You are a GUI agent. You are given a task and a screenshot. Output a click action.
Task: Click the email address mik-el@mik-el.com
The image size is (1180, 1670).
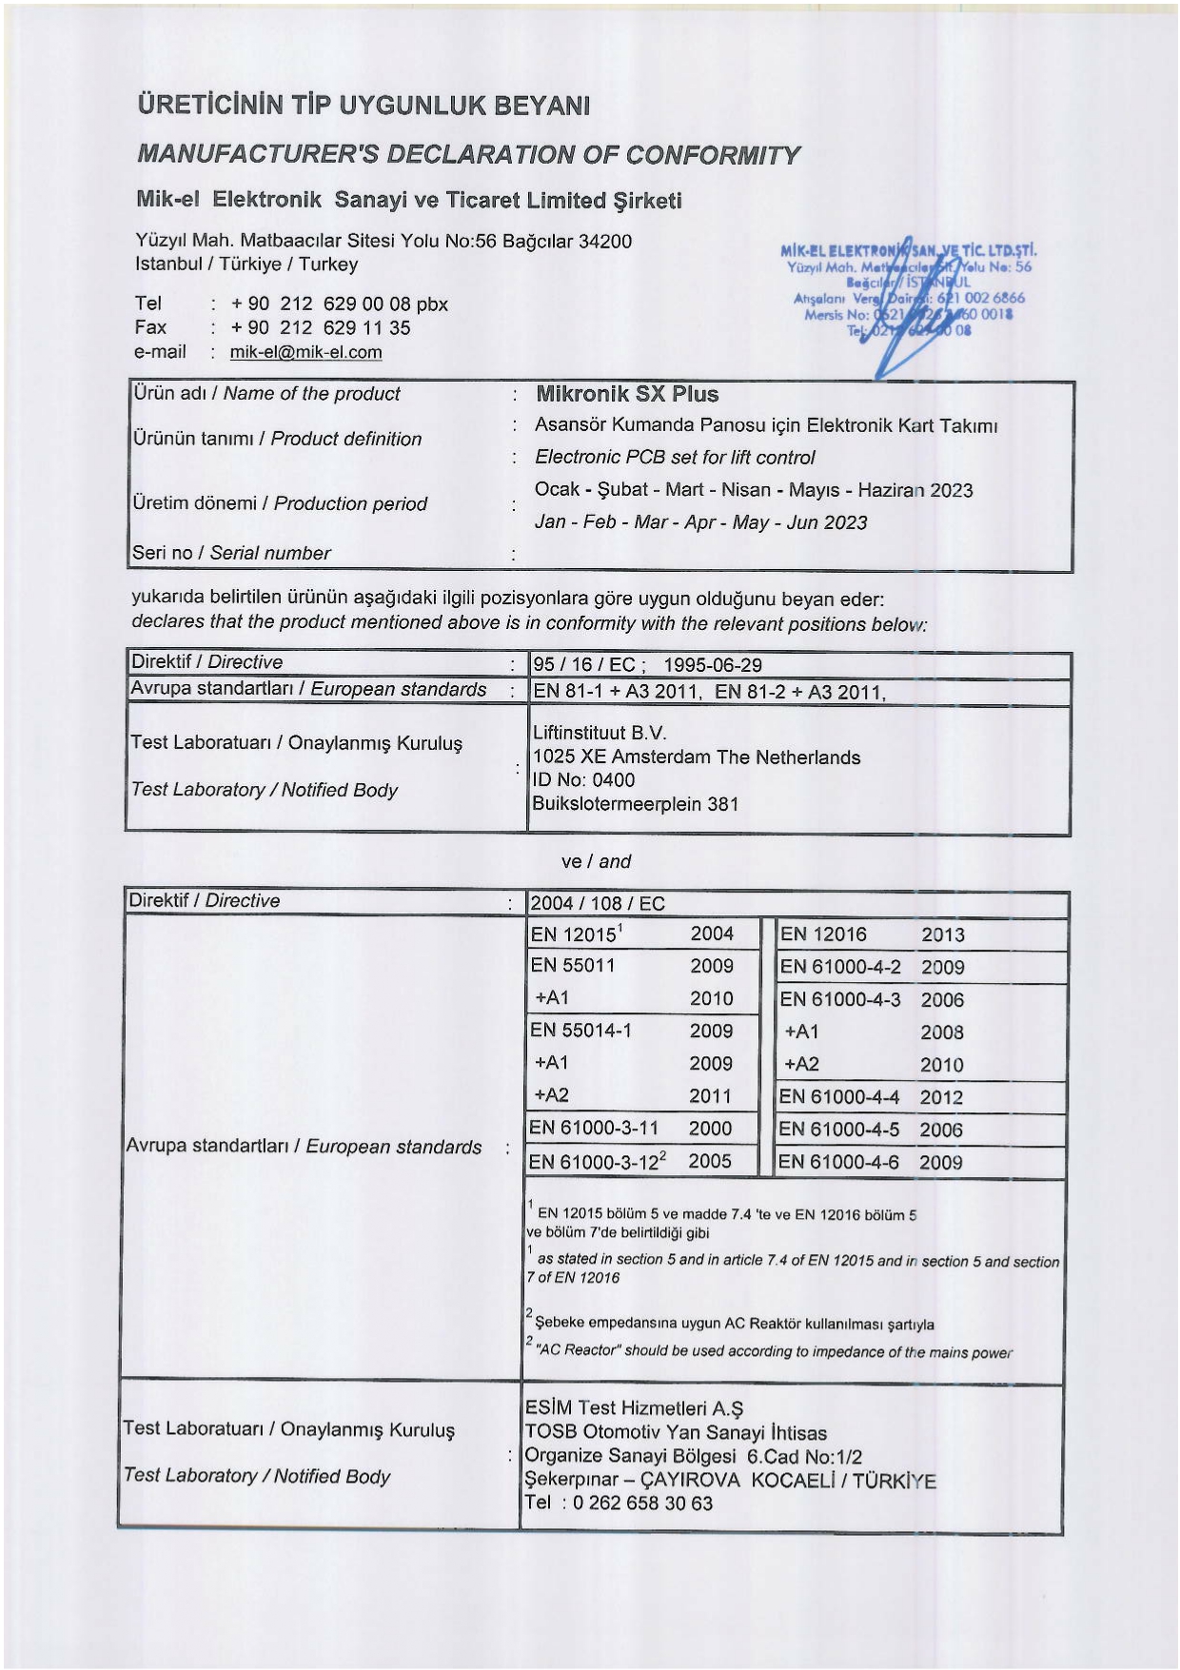click(x=305, y=352)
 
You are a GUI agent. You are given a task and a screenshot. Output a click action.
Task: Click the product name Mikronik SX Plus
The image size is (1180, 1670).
click(x=627, y=394)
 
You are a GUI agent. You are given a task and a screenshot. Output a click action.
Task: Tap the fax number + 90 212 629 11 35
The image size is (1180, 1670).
click(x=321, y=328)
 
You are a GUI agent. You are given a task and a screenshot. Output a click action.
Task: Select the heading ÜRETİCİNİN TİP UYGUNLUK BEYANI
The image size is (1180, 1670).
click(x=364, y=105)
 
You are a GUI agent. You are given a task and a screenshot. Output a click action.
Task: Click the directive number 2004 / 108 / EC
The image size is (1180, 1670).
click(x=597, y=903)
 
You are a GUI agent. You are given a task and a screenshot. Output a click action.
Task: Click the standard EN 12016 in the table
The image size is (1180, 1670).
click(x=823, y=934)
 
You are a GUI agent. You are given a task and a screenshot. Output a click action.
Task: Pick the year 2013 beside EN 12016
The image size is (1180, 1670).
click(x=942, y=934)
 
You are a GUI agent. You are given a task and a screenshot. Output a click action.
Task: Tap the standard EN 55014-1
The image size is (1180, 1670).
click(x=580, y=1031)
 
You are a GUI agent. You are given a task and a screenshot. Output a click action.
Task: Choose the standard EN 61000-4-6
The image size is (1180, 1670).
click(x=838, y=1162)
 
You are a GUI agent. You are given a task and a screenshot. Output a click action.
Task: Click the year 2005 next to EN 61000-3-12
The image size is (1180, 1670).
click(x=710, y=1161)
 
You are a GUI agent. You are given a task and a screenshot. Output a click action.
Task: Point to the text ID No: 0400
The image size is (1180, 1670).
click(x=583, y=780)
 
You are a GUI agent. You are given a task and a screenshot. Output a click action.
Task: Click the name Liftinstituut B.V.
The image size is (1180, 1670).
click(x=600, y=733)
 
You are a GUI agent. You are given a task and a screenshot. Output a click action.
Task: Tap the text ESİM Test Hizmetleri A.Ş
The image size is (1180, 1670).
click(x=634, y=1408)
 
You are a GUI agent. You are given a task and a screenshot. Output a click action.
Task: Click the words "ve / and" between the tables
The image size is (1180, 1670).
click(x=596, y=861)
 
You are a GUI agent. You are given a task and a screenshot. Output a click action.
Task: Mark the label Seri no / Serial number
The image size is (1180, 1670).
click(x=231, y=553)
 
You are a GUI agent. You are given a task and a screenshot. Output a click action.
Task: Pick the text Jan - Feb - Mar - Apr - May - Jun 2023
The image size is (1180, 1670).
click(x=700, y=522)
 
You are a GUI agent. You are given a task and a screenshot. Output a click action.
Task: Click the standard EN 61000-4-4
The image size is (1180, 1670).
click(x=838, y=1097)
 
